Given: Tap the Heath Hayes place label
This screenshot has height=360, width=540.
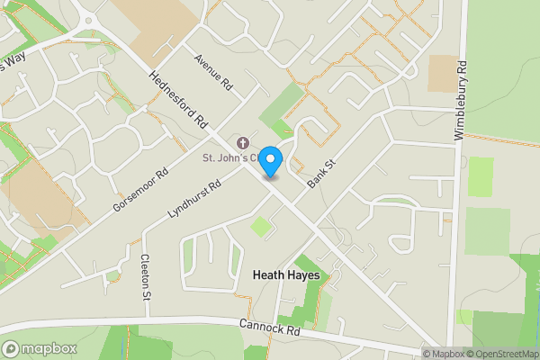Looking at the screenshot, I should [x=286, y=274].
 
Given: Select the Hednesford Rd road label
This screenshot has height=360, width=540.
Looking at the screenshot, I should [x=179, y=98].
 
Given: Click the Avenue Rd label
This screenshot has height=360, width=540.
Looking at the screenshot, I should [x=214, y=72].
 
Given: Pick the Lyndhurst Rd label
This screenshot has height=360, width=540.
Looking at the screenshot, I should [x=194, y=199].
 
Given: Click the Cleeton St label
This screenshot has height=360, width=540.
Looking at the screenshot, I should [x=145, y=277].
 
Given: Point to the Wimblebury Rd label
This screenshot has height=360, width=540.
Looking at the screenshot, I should [x=460, y=101].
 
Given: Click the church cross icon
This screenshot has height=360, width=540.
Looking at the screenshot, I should [x=241, y=143].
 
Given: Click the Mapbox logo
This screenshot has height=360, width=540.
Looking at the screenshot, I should [x=40, y=348].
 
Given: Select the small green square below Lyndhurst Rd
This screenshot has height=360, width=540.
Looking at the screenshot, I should [x=260, y=227].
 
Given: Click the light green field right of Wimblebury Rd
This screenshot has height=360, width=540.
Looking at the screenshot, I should [x=481, y=177].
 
